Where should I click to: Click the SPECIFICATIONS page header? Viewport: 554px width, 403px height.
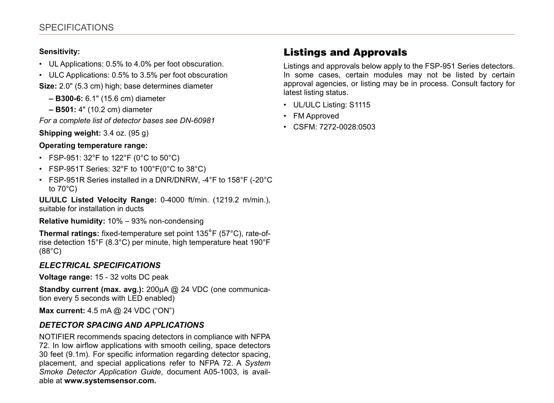tap(76, 27)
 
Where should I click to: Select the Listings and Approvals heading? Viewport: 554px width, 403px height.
tap(345, 52)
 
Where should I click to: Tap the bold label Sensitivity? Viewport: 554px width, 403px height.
tap(59, 52)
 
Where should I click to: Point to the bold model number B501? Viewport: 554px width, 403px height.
tap(66, 110)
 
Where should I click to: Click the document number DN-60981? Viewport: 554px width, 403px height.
tap(197, 121)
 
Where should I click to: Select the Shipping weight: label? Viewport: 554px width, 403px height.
tap(70, 133)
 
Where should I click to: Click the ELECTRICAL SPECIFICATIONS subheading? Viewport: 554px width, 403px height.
tap(100, 265)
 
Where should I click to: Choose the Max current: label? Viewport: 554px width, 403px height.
tap(62, 311)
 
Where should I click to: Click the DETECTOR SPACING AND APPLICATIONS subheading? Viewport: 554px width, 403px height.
tap(122, 325)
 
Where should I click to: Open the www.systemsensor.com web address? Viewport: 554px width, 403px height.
tap(110, 381)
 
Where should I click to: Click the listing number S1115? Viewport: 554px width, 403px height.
tap(360, 105)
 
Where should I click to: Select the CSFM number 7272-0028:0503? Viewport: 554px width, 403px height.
tap(347, 127)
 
